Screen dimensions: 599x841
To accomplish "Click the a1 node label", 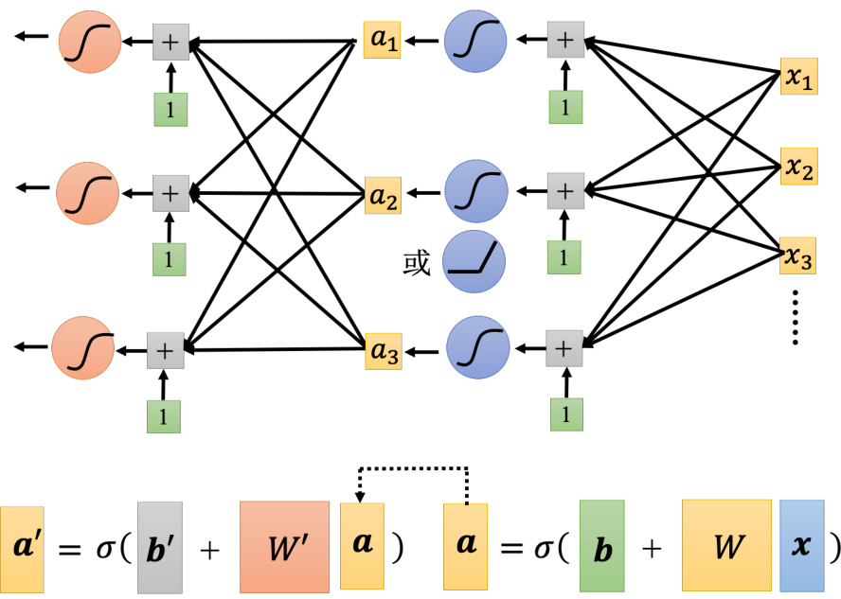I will pos(383,42).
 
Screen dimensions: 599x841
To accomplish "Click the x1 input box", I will pos(797,79).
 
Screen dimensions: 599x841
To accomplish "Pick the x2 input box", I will pos(797,167).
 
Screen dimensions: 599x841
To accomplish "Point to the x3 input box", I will pos(797,255).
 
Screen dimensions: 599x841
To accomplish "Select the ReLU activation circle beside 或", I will pos(474,261).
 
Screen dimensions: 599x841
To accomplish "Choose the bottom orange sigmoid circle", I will pos(82,349).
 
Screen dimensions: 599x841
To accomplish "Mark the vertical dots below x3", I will pos(796,316).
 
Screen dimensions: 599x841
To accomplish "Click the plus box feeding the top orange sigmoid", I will pos(171,43).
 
